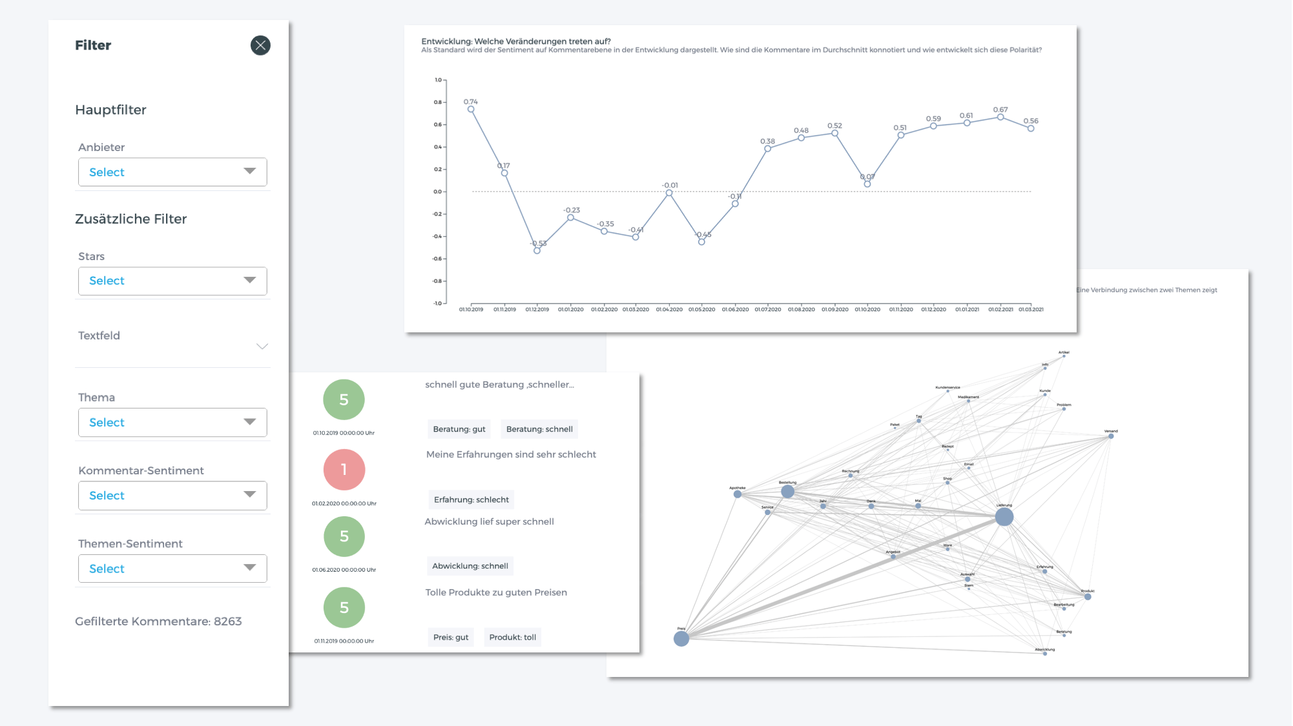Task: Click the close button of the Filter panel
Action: (260, 45)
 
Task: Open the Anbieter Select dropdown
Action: (172, 172)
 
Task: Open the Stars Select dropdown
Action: (172, 281)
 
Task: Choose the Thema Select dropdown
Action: (172, 423)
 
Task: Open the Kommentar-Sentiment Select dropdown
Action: (172, 496)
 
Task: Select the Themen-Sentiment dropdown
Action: (172, 569)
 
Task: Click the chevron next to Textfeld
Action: (262, 347)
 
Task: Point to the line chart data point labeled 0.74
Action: (471, 109)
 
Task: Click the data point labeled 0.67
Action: (1000, 117)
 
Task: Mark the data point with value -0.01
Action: (669, 193)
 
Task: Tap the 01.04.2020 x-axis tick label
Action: (669, 310)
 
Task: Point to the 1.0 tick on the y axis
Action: (439, 80)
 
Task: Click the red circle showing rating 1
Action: (344, 470)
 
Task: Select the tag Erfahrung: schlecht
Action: (471, 499)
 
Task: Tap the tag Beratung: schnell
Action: (539, 429)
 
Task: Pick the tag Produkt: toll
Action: (513, 638)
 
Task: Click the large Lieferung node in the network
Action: (1004, 516)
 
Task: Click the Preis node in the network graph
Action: (681, 639)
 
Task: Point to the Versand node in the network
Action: (1111, 436)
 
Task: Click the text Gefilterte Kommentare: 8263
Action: (158, 621)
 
